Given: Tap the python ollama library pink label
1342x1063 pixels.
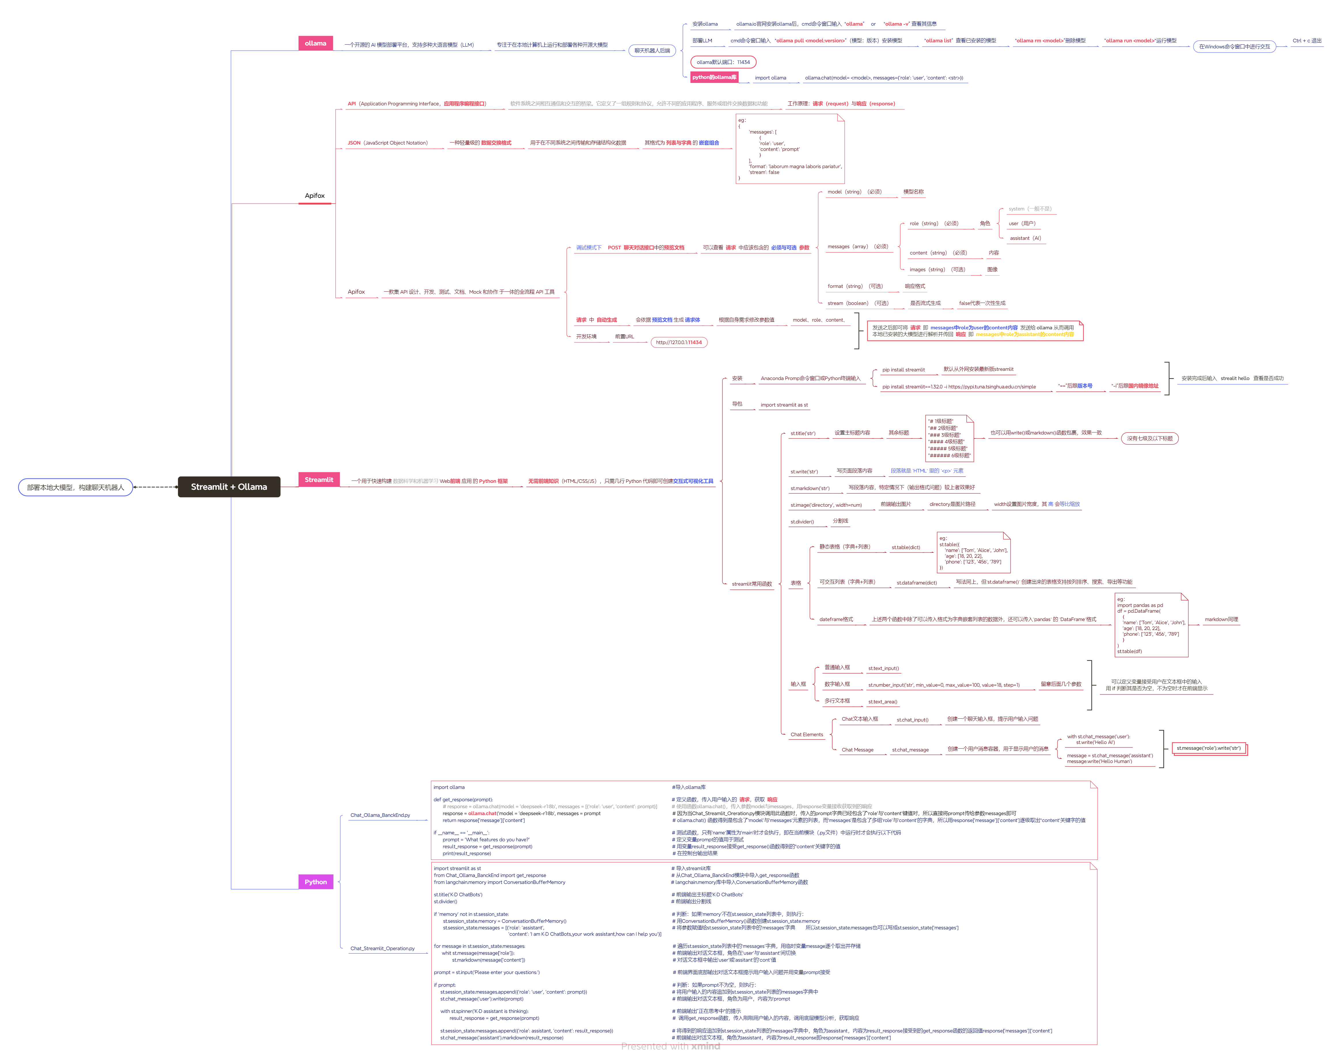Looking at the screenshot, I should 715,77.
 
